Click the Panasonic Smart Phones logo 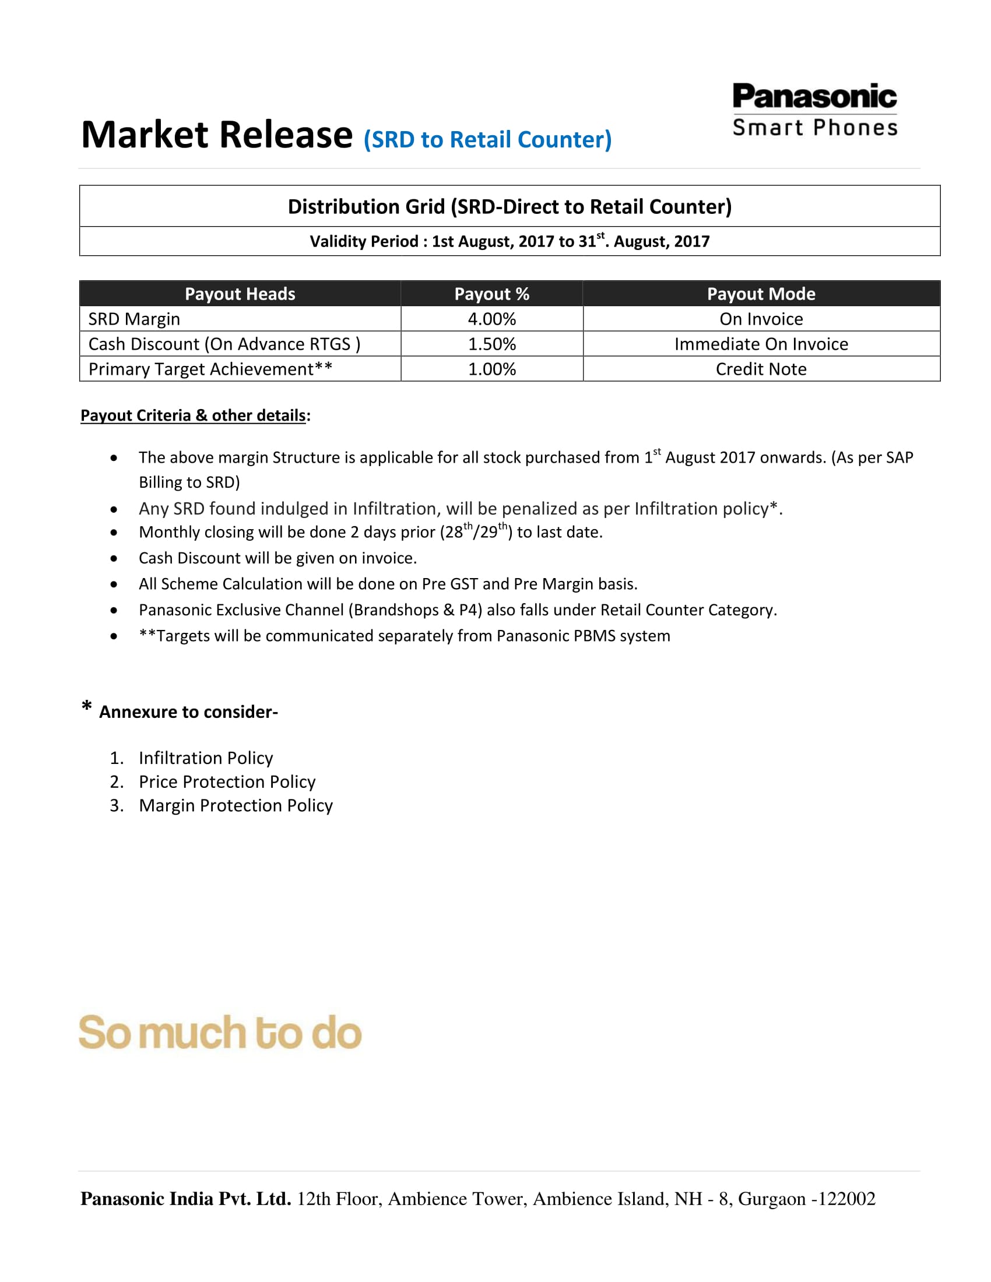(814, 110)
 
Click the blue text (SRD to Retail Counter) (487, 140)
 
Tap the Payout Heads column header (240, 294)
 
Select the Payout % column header (491, 294)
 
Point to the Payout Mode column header (761, 294)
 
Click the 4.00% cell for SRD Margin (491, 319)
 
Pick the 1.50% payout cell (491, 344)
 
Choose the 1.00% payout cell (491, 369)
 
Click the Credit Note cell (761, 369)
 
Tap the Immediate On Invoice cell (761, 344)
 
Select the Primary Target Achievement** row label (210, 369)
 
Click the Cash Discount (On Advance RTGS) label (224, 344)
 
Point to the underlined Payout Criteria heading (194, 415)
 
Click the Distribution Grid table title (509, 207)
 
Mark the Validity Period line (509, 241)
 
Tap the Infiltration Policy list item (205, 758)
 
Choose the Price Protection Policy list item (227, 782)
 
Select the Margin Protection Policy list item (236, 805)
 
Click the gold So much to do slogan (220, 1033)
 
